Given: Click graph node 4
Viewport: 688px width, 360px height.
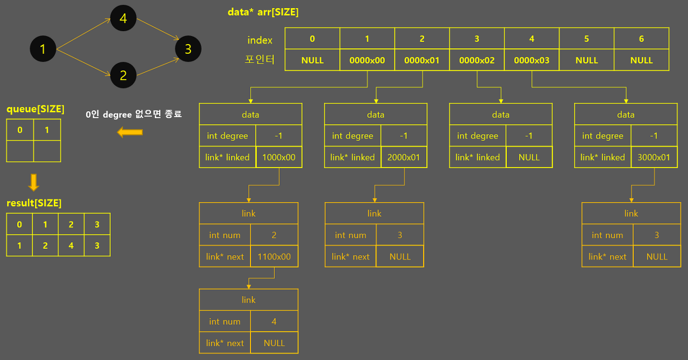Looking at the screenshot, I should click(x=123, y=19).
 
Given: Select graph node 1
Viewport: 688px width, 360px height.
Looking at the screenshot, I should click(x=43, y=50).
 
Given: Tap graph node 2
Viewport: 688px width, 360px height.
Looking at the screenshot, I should click(x=123, y=76).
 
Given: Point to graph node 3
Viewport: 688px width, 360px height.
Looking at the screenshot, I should click(x=188, y=49).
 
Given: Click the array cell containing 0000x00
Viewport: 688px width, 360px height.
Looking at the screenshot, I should click(x=367, y=60).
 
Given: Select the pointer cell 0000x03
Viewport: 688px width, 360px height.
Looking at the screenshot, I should click(x=532, y=60).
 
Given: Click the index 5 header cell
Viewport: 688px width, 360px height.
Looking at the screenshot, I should click(x=586, y=39).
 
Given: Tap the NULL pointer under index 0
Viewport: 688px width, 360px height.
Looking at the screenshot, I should click(x=312, y=60).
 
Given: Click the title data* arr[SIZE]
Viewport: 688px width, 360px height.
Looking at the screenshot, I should click(x=263, y=12).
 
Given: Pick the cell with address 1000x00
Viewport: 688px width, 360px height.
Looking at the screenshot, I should click(x=278, y=157).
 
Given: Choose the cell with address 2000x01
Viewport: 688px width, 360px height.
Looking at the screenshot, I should click(x=404, y=157).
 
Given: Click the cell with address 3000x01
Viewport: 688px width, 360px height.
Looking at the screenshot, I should click(x=654, y=157).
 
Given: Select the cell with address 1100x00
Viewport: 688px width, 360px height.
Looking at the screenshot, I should click(x=274, y=257).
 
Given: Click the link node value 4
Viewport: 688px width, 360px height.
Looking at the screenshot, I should click(x=274, y=321).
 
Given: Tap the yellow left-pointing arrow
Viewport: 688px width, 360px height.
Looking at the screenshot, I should click(x=130, y=132).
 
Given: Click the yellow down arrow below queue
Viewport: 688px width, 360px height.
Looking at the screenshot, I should click(x=33, y=183).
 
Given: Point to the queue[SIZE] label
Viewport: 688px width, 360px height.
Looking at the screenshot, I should click(x=35, y=110).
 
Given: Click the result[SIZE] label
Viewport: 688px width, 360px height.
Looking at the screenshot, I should click(x=34, y=203).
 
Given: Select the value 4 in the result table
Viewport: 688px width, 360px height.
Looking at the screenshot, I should click(x=71, y=246).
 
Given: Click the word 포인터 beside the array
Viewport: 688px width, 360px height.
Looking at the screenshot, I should click(x=260, y=60).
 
